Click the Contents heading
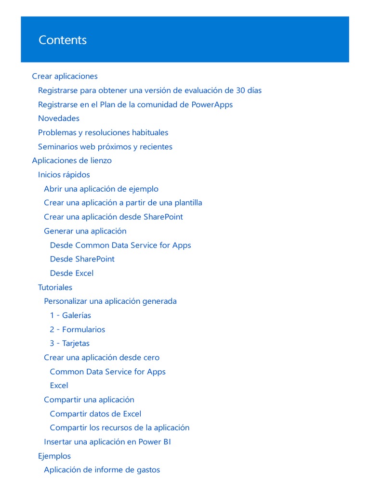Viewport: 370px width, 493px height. coord(63,40)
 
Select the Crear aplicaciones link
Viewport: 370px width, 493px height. coord(65,76)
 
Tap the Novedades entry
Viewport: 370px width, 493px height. coord(59,118)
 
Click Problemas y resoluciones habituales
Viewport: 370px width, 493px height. coord(103,132)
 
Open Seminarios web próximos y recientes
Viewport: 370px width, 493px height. coord(105,147)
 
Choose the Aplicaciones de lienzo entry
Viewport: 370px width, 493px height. coord(72,160)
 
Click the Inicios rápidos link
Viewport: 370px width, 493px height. coord(64,175)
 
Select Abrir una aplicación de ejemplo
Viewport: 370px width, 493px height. coord(101,189)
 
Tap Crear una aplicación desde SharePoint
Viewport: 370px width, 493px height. coord(113,217)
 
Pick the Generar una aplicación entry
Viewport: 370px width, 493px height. coord(85,231)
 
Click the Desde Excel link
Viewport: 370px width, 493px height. coord(72,273)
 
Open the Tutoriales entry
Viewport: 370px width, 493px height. coord(55,287)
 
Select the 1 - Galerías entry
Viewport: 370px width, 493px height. coord(70,315)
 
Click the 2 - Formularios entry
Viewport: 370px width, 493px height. coord(78,329)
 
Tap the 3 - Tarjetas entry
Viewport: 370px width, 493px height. coord(70,343)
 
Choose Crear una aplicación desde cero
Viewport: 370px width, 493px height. coord(102,357)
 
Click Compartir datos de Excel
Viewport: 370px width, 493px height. coord(95,414)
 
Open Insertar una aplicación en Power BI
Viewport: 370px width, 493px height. coord(107,441)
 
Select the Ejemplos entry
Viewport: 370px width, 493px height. coord(54,456)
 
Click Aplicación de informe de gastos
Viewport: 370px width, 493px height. coord(102,470)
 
